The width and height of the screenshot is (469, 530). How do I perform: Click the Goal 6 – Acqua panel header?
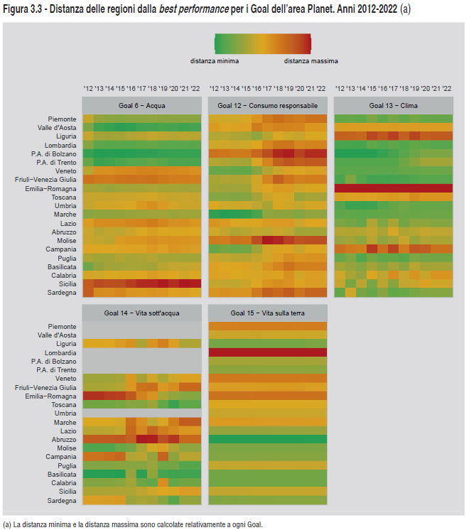coord(142,106)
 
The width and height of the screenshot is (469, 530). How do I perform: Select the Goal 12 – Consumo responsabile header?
coord(268,106)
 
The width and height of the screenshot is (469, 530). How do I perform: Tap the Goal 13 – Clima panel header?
coord(393,106)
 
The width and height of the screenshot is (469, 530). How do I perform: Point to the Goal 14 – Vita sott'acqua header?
coord(142,313)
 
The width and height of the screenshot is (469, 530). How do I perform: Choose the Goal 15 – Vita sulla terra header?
coord(268,313)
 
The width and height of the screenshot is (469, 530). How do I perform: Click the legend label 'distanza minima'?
coord(215,61)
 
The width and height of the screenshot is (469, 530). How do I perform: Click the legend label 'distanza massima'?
coord(311,61)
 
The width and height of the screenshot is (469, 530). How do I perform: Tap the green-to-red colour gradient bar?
coord(262,44)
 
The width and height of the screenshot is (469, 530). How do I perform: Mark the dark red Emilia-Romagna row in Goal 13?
coord(393,188)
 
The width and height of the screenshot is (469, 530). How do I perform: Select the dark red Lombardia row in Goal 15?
coord(268,352)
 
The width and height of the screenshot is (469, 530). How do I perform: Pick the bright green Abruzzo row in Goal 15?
coord(268,439)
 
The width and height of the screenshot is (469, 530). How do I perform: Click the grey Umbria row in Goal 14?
coord(142,413)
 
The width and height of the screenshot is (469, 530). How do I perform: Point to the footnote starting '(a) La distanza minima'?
coord(133,524)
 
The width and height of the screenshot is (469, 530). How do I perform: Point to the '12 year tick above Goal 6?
coord(88,89)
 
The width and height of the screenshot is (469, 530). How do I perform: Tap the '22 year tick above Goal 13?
coord(446,89)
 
